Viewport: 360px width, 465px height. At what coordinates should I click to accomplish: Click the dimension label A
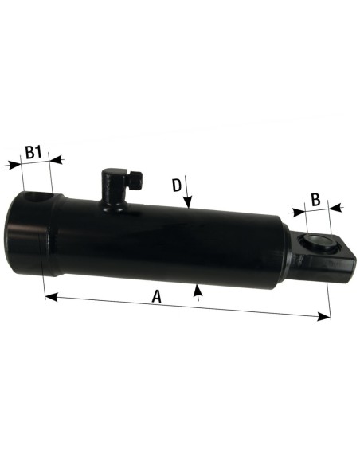157,296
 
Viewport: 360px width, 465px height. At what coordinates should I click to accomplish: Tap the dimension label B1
33,151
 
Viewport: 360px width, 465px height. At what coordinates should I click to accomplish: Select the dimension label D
177,186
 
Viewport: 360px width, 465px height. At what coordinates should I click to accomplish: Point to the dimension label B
315,199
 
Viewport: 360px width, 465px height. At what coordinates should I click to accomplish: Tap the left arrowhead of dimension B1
11,165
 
